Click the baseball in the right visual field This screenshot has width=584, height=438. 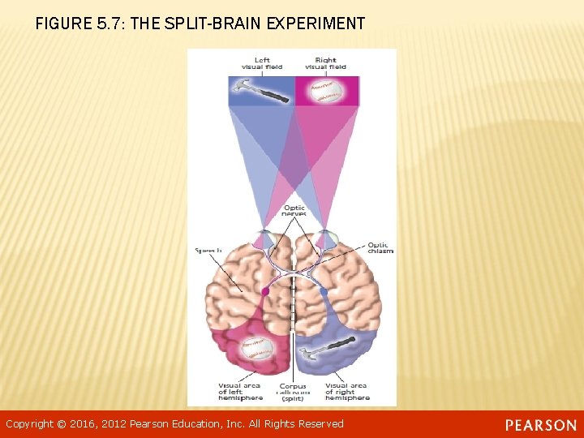tap(325, 91)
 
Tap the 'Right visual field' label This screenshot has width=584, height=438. tap(325, 62)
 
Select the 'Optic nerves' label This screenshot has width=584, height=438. tap(294, 211)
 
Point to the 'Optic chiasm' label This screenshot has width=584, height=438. tap(380, 247)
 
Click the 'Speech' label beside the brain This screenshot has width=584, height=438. tap(208, 251)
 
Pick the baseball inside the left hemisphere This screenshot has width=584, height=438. tap(257, 350)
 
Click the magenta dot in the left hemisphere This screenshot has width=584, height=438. tap(265, 291)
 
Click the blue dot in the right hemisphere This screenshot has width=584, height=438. tap(324, 291)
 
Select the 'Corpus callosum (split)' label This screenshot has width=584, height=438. tap(293, 393)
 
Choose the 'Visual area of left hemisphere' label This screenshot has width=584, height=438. tap(240, 392)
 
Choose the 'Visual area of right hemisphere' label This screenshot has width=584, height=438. tap(346, 392)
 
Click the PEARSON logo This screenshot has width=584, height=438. tap(541, 425)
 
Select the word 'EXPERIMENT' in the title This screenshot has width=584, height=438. tap(319, 24)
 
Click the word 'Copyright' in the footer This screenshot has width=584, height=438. tap(29, 424)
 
